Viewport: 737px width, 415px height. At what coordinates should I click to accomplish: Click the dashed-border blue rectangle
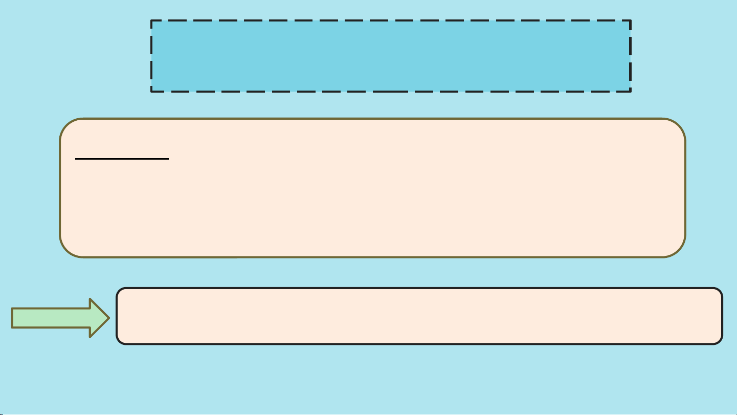click(x=391, y=56)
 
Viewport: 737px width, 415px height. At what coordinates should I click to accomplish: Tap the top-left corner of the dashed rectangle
click(x=151, y=21)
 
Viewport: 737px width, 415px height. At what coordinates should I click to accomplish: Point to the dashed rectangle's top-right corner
click(x=630, y=21)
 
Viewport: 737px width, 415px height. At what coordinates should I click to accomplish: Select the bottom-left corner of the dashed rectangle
click(x=151, y=91)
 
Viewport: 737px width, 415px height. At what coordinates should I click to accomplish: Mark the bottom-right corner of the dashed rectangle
click(x=630, y=91)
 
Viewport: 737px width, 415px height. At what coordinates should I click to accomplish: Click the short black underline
click(x=122, y=159)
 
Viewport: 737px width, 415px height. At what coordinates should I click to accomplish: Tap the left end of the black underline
click(x=76, y=159)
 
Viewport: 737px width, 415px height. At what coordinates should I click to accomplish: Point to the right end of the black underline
click(x=168, y=159)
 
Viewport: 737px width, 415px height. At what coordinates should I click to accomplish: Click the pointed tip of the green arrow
click(x=109, y=318)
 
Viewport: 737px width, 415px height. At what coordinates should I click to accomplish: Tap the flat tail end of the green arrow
click(x=12, y=318)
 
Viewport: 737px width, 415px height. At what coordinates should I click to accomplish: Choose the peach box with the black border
click(x=419, y=316)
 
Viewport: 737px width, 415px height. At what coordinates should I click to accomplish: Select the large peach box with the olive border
click(x=372, y=188)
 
